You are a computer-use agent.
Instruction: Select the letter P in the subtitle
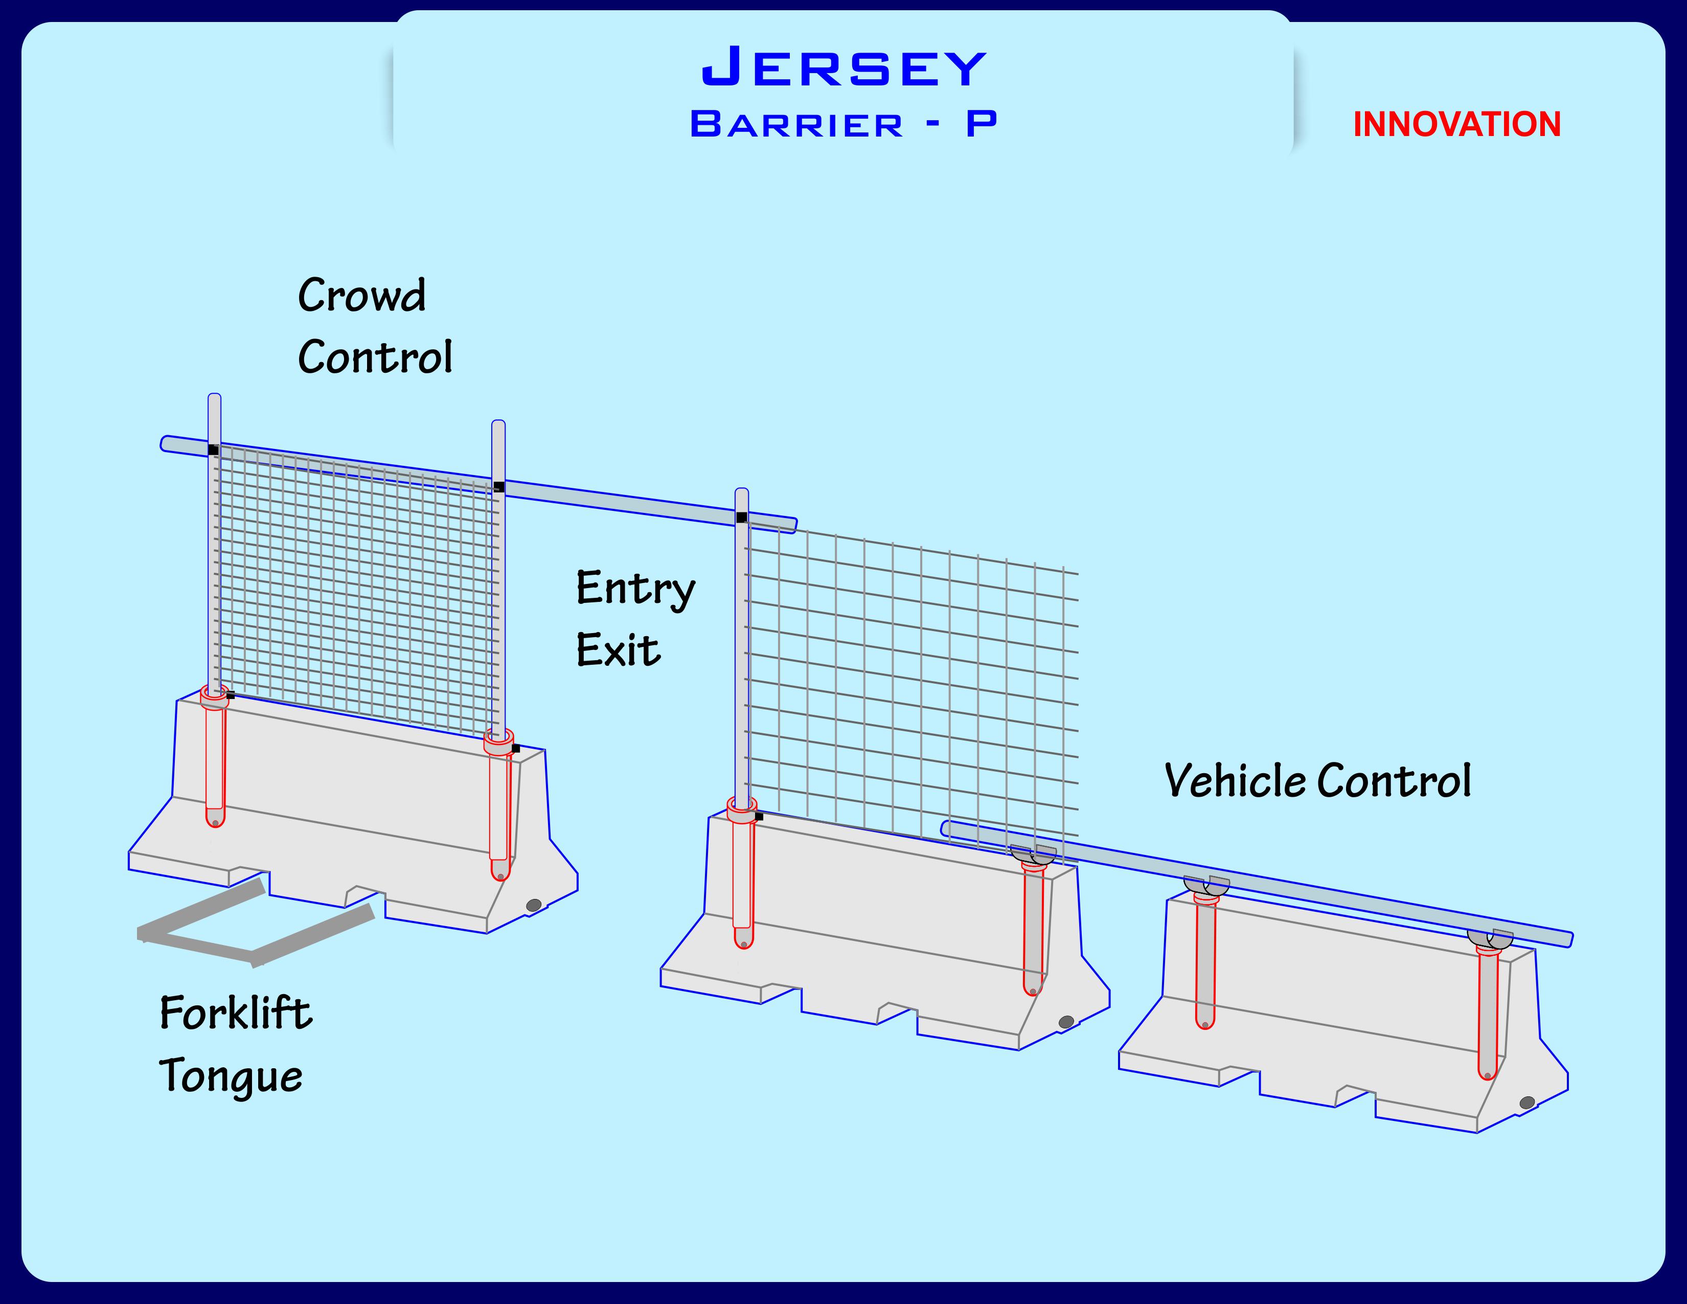tap(981, 124)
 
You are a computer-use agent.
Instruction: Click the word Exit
tap(618, 650)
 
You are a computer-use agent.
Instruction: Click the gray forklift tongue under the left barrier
tap(255, 927)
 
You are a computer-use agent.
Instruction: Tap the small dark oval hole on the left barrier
tap(534, 905)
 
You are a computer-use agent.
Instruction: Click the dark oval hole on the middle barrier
tap(1066, 1022)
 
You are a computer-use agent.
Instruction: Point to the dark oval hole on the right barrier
tap(1527, 1103)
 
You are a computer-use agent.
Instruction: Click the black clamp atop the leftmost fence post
tap(213, 449)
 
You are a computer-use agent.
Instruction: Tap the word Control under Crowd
tap(375, 357)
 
